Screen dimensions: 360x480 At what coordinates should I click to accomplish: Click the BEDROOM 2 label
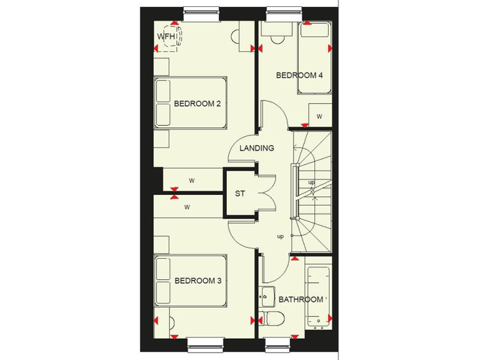197,104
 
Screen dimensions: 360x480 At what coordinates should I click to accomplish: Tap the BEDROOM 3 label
198,281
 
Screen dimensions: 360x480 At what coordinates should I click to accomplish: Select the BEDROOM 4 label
299,76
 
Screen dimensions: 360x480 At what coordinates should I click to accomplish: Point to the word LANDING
257,149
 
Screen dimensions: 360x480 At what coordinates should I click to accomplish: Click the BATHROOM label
301,300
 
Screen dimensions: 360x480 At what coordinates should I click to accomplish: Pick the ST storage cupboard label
240,194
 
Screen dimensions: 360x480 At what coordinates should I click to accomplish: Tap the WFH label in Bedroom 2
166,37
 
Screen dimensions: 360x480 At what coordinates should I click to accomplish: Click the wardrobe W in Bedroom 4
319,116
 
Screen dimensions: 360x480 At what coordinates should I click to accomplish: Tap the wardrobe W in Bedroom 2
192,181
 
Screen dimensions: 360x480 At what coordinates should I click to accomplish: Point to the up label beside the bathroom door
281,236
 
